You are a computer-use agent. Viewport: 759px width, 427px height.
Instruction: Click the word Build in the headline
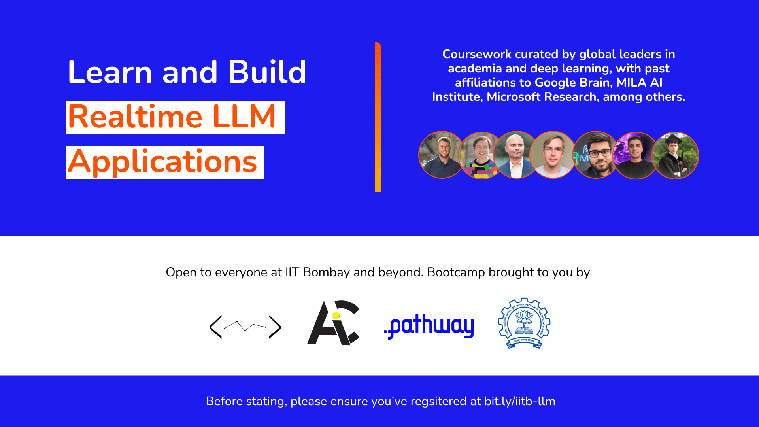pyautogui.click(x=267, y=72)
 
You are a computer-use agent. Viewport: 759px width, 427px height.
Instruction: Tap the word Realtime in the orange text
pyautogui.click(x=135, y=117)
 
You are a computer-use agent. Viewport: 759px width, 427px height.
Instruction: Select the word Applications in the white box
pyautogui.click(x=162, y=162)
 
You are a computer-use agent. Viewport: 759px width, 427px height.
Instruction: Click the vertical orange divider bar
pyautogui.click(x=378, y=117)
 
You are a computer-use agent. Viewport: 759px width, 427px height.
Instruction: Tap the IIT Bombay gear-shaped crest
pyautogui.click(x=524, y=323)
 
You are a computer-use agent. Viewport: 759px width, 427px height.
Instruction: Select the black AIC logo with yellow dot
pyautogui.click(x=333, y=323)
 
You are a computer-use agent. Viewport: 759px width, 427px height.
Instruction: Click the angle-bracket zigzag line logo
pyautogui.click(x=245, y=327)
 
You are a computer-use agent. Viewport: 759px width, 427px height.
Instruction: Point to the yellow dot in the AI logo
pyautogui.click(x=336, y=316)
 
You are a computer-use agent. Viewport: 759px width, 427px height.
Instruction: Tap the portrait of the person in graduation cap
pyautogui.click(x=676, y=155)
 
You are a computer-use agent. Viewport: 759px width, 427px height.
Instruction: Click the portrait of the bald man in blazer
pyautogui.click(x=516, y=155)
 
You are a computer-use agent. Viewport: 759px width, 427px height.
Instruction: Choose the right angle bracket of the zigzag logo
pyautogui.click(x=275, y=327)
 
